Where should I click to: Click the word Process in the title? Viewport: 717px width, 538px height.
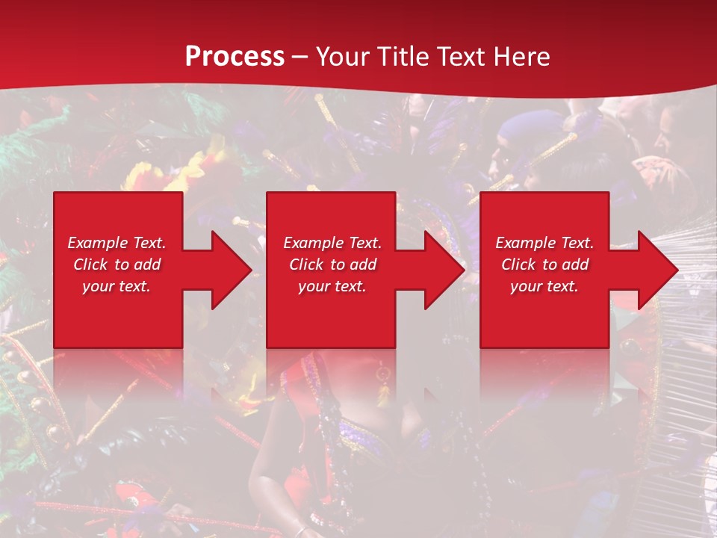pyautogui.click(x=235, y=57)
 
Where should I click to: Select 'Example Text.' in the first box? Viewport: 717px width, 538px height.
pyautogui.click(x=117, y=243)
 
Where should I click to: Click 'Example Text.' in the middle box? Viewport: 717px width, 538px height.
pyautogui.click(x=332, y=243)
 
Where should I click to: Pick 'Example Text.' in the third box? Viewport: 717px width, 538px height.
pyautogui.click(x=544, y=243)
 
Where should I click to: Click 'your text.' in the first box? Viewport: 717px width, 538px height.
pyautogui.click(x=117, y=286)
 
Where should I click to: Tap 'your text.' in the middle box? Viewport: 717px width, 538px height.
pyautogui.click(x=332, y=286)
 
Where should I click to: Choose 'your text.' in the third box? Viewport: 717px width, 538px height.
pyautogui.click(x=544, y=286)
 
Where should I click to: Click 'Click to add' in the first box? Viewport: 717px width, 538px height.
pyautogui.click(x=117, y=265)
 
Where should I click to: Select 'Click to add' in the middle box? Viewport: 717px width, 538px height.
pyautogui.click(x=332, y=265)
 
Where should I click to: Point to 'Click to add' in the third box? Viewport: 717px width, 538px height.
pyautogui.click(x=544, y=265)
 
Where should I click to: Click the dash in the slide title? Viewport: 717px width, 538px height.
pyautogui.click(x=299, y=58)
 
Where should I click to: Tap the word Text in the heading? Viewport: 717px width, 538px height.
pyautogui.click(x=458, y=57)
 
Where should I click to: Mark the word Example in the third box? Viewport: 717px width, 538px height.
pyautogui.click(x=525, y=243)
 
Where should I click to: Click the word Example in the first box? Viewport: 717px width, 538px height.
pyautogui.click(x=97, y=243)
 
